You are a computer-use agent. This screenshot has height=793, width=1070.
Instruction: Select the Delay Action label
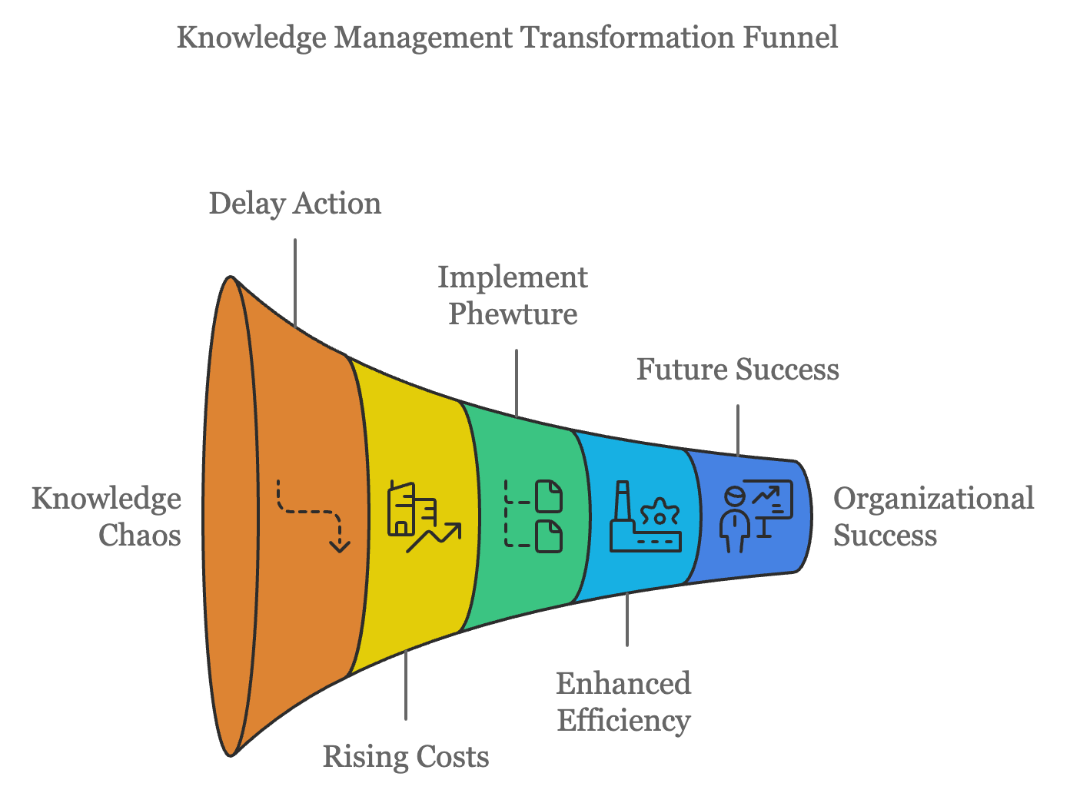(x=295, y=204)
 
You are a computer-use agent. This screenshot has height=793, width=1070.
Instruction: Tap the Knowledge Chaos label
(x=107, y=516)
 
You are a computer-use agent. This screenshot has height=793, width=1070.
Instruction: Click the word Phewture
(x=513, y=314)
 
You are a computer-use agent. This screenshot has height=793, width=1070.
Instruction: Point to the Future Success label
(x=737, y=370)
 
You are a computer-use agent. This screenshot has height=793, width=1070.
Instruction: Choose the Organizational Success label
(x=933, y=516)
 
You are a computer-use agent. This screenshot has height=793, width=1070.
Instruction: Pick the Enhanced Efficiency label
(x=623, y=702)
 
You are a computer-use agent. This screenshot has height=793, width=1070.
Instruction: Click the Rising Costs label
(x=406, y=756)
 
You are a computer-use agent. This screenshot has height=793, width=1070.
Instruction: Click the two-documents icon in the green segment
(x=533, y=516)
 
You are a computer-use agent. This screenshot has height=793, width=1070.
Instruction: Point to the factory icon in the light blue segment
(x=645, y=517)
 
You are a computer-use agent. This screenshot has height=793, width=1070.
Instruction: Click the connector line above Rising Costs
(x=406, y=684)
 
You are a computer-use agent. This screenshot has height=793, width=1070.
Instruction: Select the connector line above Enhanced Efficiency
(x=627, y=619)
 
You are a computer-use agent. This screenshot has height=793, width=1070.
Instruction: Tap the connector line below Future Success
(x=738, y=430)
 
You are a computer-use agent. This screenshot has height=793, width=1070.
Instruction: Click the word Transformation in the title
(x=627, y=37)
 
